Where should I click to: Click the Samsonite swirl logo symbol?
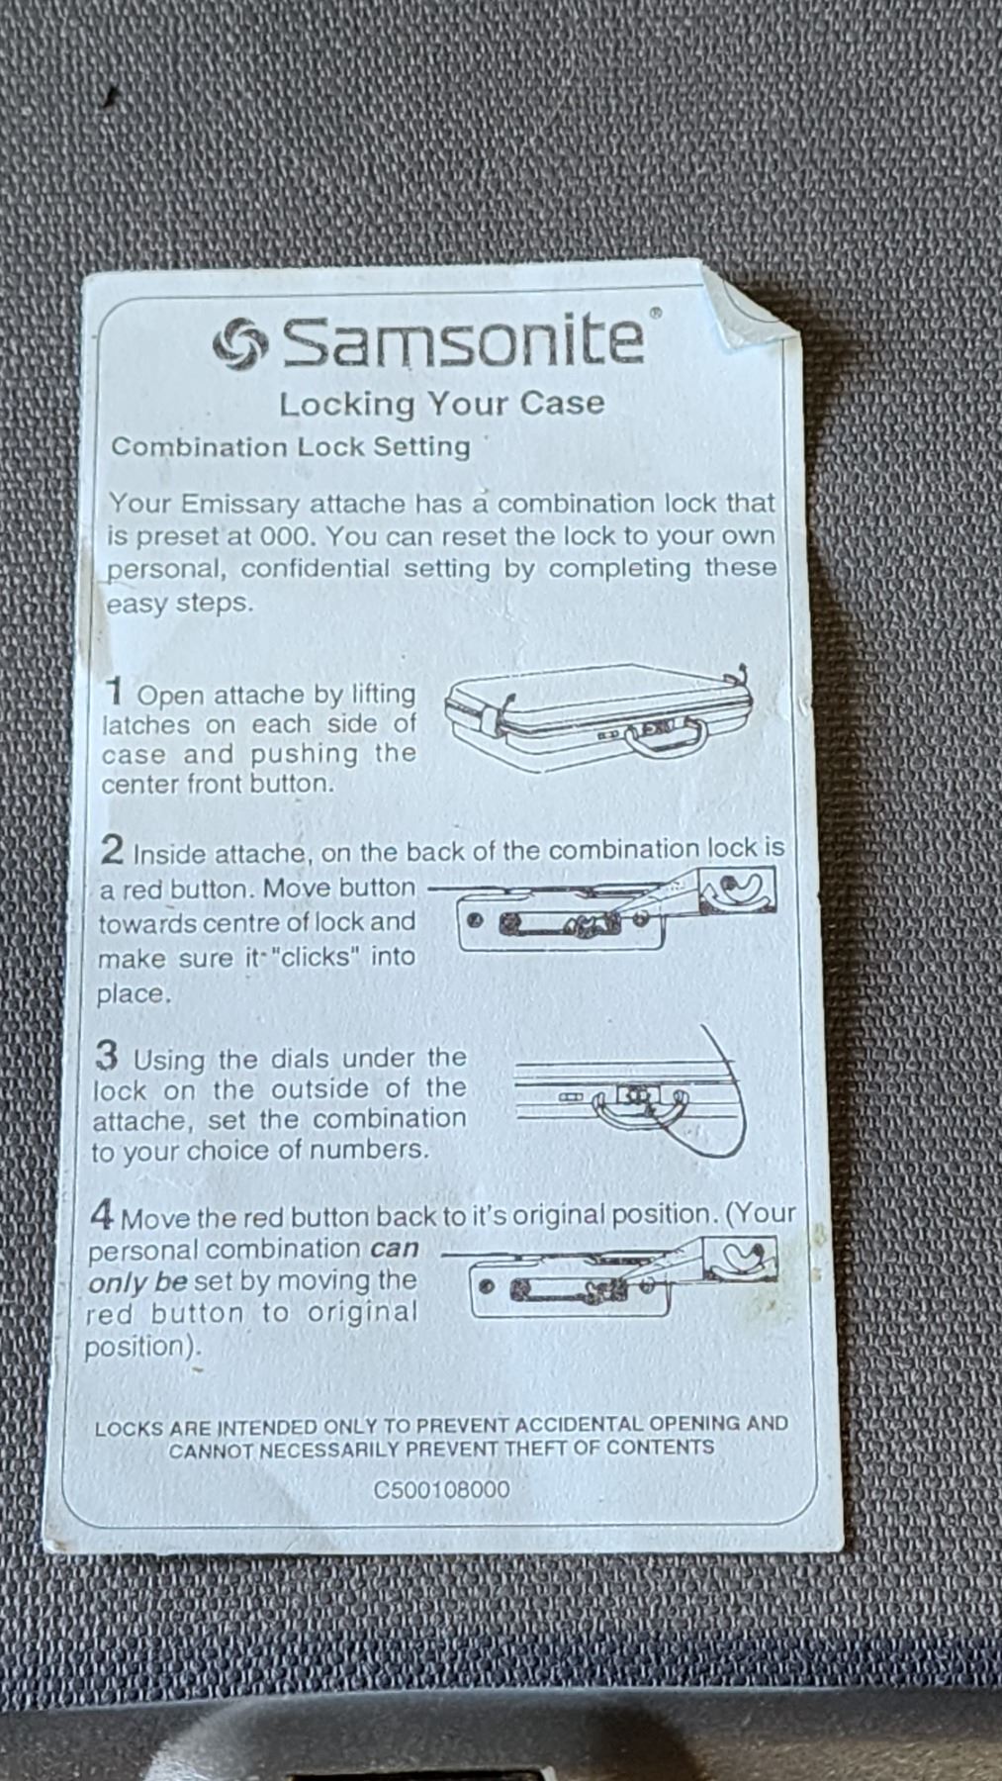pyautogui.click(x=239, y=344)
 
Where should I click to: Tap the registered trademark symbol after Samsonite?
pyautogui.click(x=654, y=314)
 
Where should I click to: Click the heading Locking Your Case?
pyautogui.click(x=441, y=404)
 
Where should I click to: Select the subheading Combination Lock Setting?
pyautogui.click(x=291, y=446)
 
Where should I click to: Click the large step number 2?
pyautogui.click(x=113, y=849)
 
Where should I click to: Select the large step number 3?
pyautogui.click(x=107, y=1056)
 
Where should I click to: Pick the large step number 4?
pyautogui.click(x=103, y=1213)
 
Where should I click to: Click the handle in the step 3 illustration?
pyautogui.click(x=641, y=1109)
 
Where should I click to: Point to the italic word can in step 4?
pyautogui.click(x=395, y=1249)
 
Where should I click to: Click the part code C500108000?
pyautogui.click(x=442, y=1489)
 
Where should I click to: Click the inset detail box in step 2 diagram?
pyautogui.click(x=737, y=890)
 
